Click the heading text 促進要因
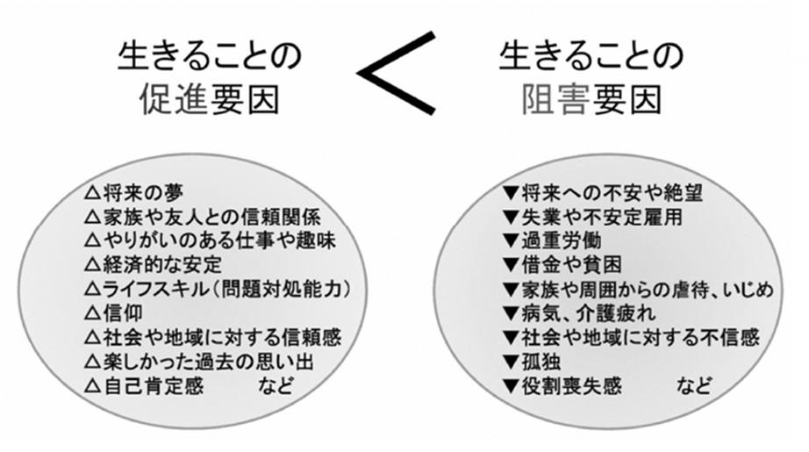tap(209, 100)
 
